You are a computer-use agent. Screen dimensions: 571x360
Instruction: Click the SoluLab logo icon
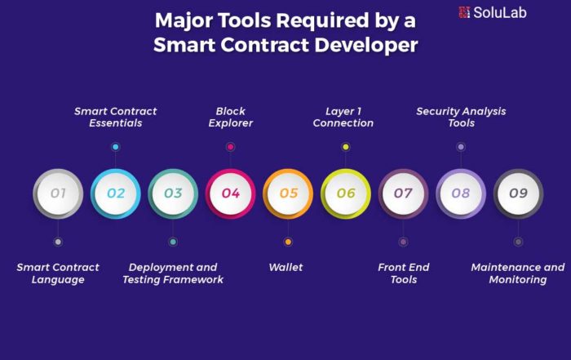coord(464,12)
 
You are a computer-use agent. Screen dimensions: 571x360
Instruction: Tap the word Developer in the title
coord(366,45)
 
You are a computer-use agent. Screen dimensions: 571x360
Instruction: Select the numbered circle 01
coord(58,193)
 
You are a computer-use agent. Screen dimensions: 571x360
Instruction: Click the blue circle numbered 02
coord(116,193)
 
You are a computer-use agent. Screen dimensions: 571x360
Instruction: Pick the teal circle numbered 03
coord(173,193)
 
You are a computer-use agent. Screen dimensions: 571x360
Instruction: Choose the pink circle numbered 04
coord(231,193)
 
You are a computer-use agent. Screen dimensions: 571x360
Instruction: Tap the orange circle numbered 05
coord(288,193)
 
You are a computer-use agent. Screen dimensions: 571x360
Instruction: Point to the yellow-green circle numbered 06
coord(346,193)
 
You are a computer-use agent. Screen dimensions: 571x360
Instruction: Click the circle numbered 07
coord(403,193)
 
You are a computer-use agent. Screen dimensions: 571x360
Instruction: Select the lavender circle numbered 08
coord(461,193)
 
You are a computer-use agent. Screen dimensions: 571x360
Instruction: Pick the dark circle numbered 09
coord(518,193)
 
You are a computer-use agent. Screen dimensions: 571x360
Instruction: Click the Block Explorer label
coord(231,117)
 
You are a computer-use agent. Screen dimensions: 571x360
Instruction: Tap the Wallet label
coord(285,268)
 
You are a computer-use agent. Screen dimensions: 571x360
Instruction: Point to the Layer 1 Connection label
coord(343,117)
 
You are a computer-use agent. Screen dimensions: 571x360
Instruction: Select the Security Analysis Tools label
coord(461,117)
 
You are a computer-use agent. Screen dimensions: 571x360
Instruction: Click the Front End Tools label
coord(404,273)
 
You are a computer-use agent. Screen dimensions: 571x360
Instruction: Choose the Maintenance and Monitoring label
coord(518,273)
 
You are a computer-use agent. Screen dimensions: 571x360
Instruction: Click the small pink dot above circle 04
coord(231,147)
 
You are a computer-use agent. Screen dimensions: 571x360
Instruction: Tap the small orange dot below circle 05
coord(288,242)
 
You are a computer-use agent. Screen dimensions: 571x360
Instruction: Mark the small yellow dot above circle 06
coord(346,147)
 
